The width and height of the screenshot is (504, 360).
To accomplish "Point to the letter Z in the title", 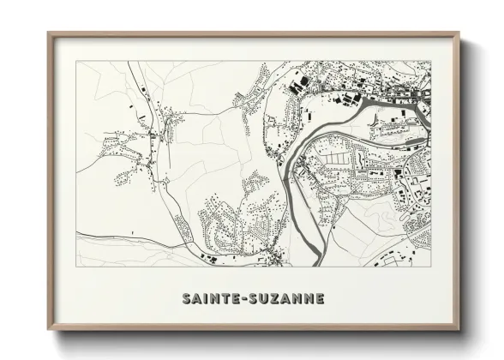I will click(274, 299).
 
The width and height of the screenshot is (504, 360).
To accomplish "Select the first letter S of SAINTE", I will click(186, 299).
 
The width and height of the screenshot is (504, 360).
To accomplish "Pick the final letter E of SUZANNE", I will click(321, 299).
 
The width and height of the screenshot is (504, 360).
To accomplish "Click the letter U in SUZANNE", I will click(263, 299).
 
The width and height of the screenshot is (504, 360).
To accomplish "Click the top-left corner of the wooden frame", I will click(49, 33).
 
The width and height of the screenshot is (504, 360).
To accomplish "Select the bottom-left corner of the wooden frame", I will click(49, 330).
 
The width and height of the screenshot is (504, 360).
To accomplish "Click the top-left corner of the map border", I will click(76, 61).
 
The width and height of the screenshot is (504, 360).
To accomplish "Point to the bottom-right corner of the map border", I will click(430, 267).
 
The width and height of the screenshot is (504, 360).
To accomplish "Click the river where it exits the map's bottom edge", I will click(319, 265).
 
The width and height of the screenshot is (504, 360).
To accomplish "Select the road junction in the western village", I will click(153, 137).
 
